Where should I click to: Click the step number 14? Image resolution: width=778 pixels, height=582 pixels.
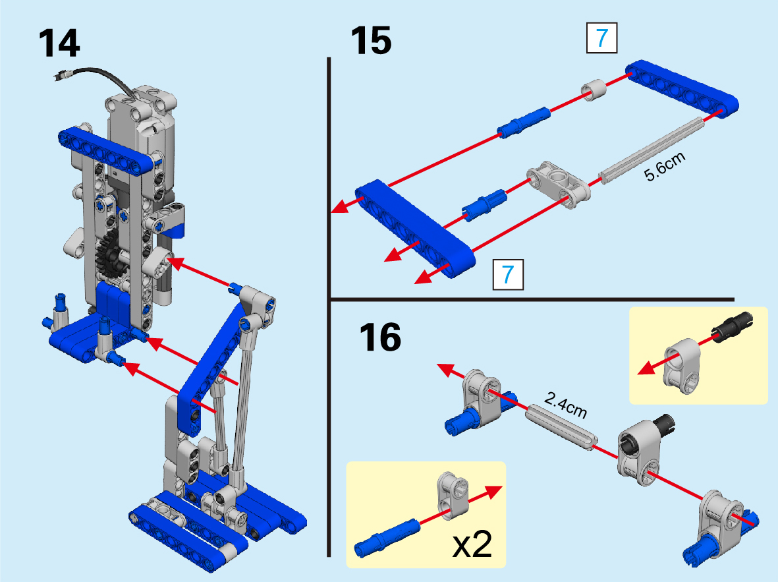tap(59, 44)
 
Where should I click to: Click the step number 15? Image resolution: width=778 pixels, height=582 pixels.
tap(371, 40)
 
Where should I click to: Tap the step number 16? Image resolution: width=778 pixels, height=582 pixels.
tap(380, 337)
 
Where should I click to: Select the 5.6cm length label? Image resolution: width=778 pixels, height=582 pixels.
tap(665, 166)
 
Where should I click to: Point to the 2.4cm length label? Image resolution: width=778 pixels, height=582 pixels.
tap(566, 405)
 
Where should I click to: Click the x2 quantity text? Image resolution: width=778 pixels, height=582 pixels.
tap(472, 544)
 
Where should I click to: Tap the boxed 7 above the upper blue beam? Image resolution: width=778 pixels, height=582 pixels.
tap(602, 38)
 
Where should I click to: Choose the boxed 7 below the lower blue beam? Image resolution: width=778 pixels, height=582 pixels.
tap(508, 274)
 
